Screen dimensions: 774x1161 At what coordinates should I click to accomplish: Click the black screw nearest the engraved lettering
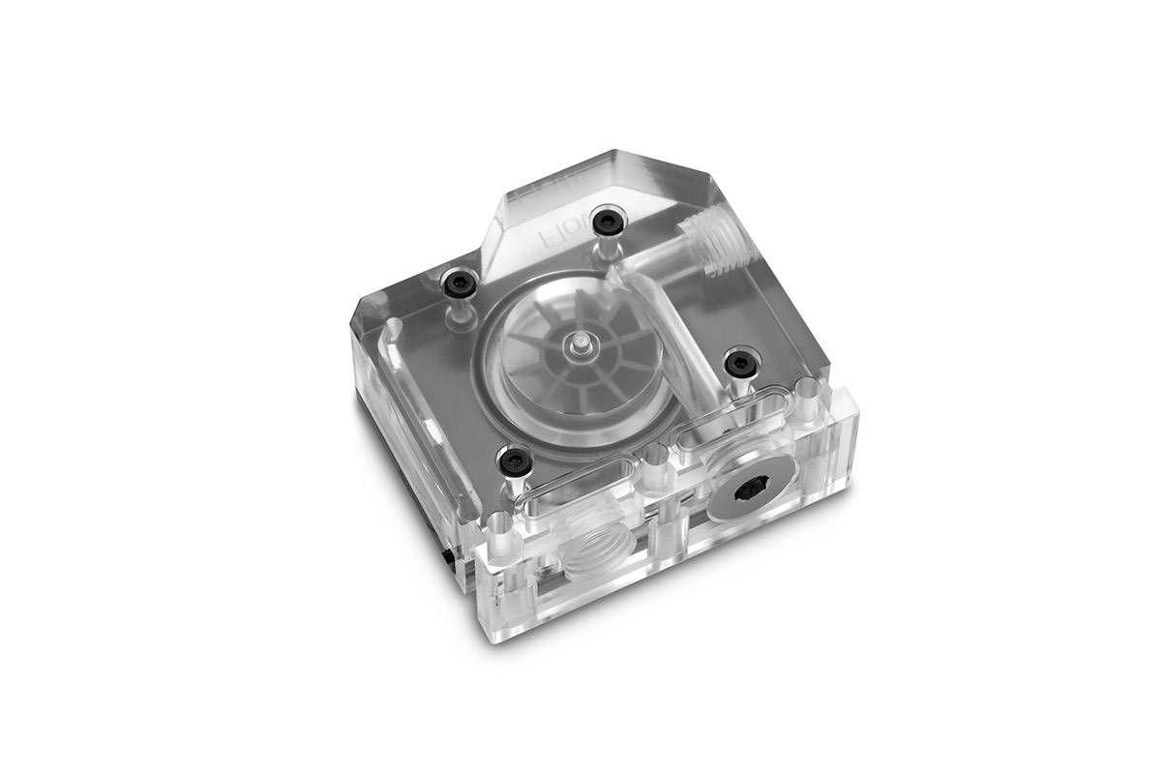click(x=606, y=222)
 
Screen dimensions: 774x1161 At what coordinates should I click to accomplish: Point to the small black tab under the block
click(x=447, y=559)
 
